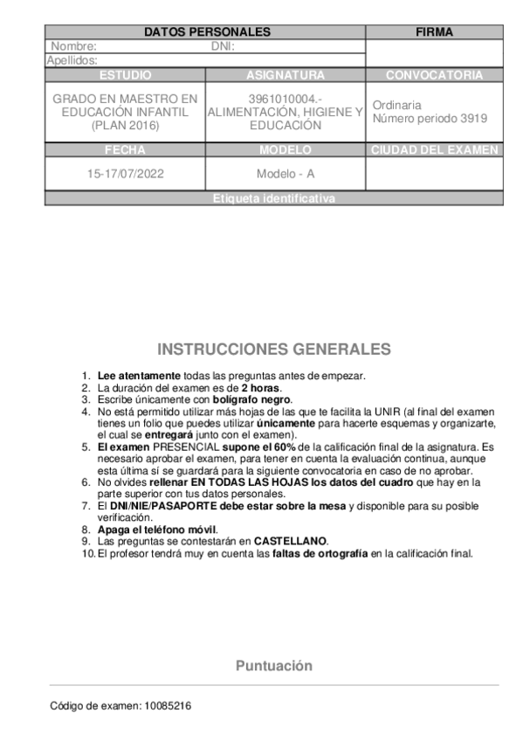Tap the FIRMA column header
coord(434,32)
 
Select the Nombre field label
coord(73,46)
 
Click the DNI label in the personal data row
coord(224,46)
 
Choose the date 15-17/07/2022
coord(126,173)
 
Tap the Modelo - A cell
coord(286,173)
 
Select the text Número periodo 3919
coord(430,118)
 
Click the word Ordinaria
coord(396,105)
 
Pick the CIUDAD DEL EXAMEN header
coord(434,149)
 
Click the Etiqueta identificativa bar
coord(273,198)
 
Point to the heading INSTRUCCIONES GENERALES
coord(274,350)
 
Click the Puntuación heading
coord(273,666)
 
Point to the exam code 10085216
coord(168,704)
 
